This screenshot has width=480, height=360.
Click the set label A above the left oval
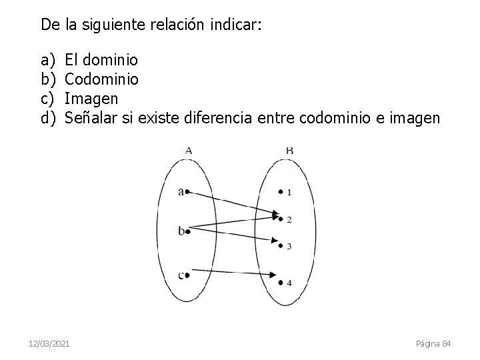(x=189, y=151)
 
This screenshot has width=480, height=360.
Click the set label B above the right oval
(x=289, y=151)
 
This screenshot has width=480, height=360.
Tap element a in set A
(x=182, y=192)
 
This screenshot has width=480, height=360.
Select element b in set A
(x=182, y=231)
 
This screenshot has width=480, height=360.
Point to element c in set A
(x=182, y=273)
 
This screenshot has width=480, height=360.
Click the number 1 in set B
(x=289, y=193)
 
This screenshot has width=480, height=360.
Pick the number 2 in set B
(x=289, y=219)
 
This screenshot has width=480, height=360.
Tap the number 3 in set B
(x=289, y=246)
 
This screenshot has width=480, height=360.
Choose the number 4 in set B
(x=289, y=283)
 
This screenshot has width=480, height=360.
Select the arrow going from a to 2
(x=233, y=203)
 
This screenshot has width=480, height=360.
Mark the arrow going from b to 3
(x=233, y=237)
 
